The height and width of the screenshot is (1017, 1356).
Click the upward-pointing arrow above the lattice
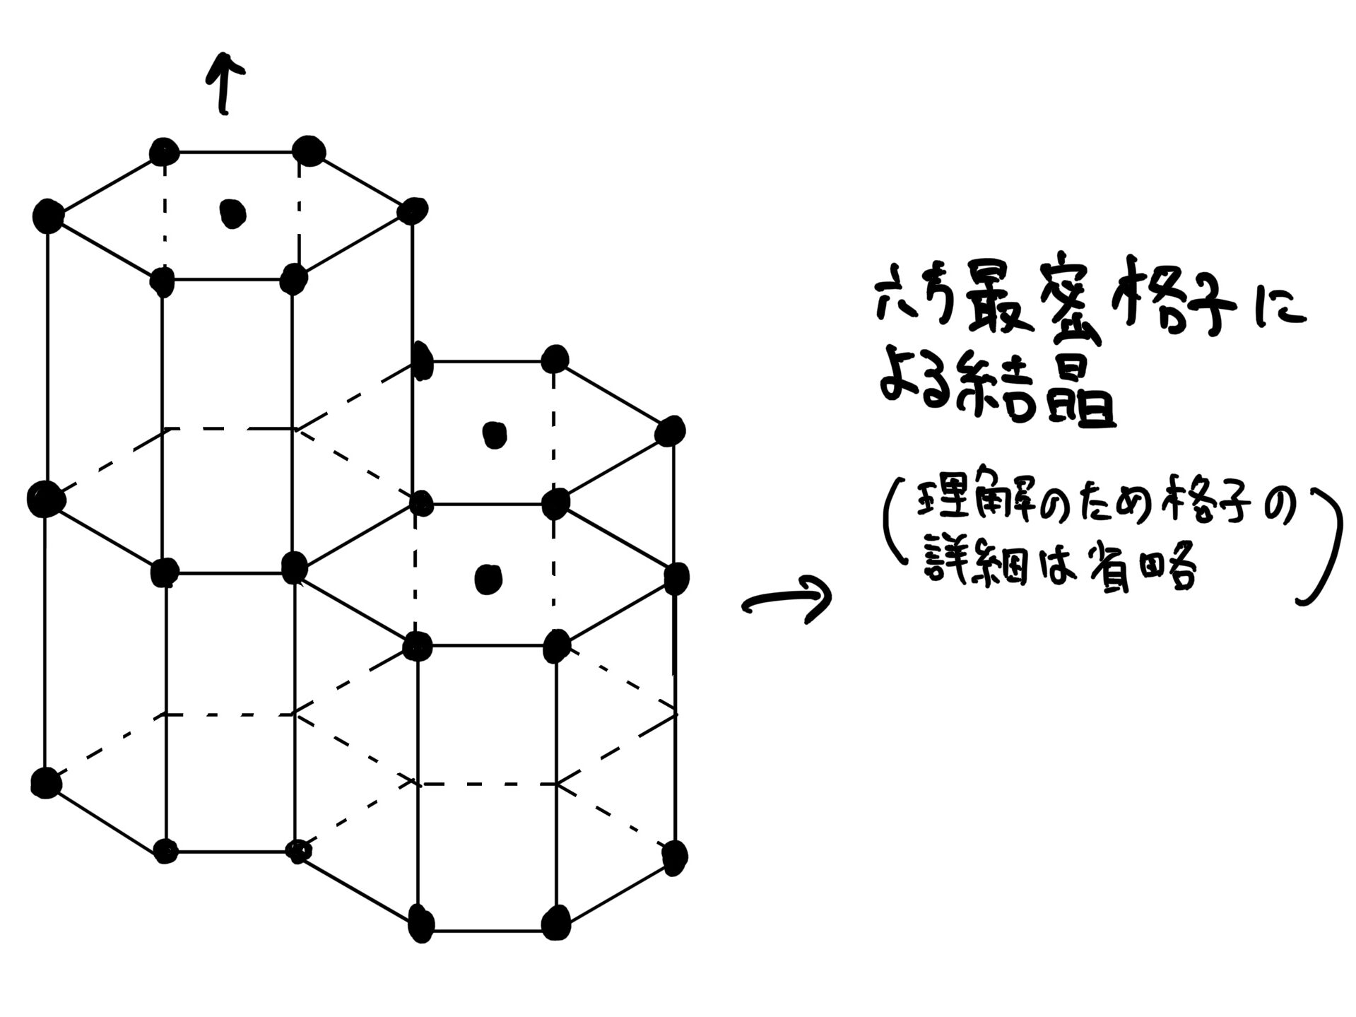(x=226, y=84)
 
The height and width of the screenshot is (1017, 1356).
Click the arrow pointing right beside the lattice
(x=786, y=600)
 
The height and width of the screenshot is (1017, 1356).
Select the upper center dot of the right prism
(x=494, y=434)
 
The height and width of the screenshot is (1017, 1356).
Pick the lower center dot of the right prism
(x=488, y=579)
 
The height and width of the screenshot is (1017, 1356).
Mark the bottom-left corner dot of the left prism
(x=47, y=782)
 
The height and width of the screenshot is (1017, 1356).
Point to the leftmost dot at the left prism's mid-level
(x=45, y=499)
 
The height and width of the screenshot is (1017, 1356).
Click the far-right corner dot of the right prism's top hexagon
(x=670, y=430)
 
